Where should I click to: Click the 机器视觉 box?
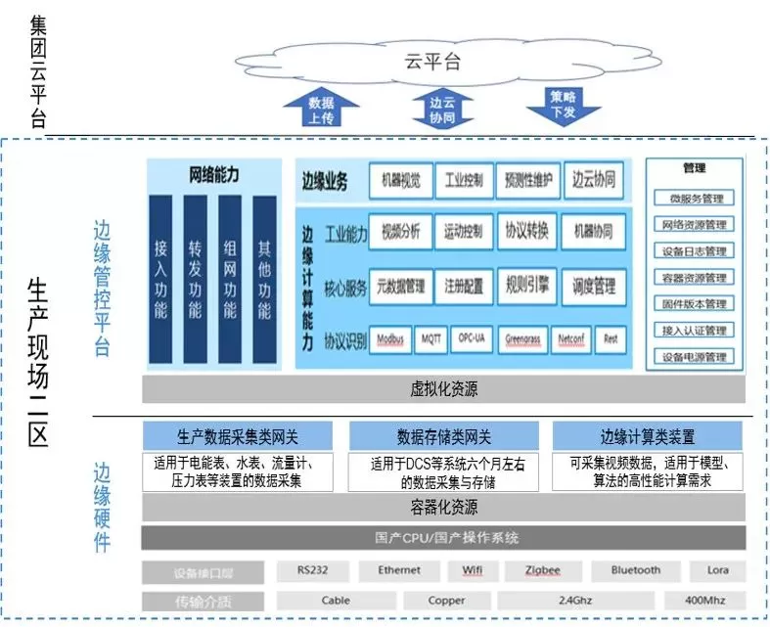click(x=399, y=180)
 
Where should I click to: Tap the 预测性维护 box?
click(x=528, y=180)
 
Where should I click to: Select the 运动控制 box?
click(x=463, y=232)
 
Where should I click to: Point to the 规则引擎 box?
click(x=528, y=286)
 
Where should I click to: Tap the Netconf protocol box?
click(x=571, y=339)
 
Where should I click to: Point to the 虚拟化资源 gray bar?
click(x=443, y=389)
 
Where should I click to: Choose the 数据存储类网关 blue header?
click(x=443, y=436)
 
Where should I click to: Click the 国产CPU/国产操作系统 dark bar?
click(x=443, y=538)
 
